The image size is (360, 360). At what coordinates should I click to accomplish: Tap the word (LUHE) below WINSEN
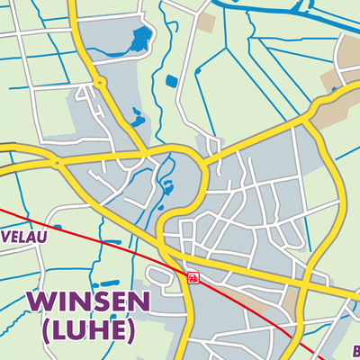[x=80, y=331]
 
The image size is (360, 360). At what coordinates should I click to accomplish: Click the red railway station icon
[x=192, y=278]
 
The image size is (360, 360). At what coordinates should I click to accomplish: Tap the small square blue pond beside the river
[x=171, y=82]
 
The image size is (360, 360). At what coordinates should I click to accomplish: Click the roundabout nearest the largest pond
[x=99, y=83]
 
